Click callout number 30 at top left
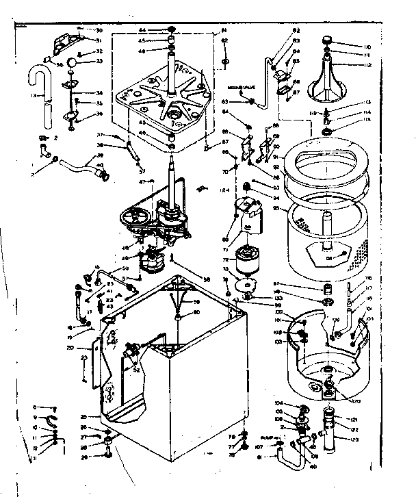98,31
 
